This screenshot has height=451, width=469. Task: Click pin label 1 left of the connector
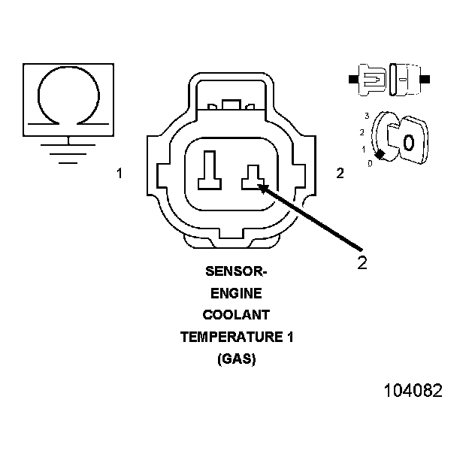click(119, 174)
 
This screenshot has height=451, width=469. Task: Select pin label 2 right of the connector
click(340, 174)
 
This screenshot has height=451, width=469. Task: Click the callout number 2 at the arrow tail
click(362, 263)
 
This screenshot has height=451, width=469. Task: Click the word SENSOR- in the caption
click(236, 271)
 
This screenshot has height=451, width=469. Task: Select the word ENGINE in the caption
click(236, 293)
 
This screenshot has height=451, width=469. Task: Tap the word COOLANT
click(236, 315)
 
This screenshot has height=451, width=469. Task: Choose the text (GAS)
click(236, 359)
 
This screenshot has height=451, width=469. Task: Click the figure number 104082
click(413, 391)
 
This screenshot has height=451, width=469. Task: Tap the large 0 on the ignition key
click(408, 142)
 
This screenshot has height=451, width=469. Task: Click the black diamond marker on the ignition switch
click(381, 154)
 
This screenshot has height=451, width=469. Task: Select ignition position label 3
click(366, 116)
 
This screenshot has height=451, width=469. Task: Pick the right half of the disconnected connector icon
click(407, 77)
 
